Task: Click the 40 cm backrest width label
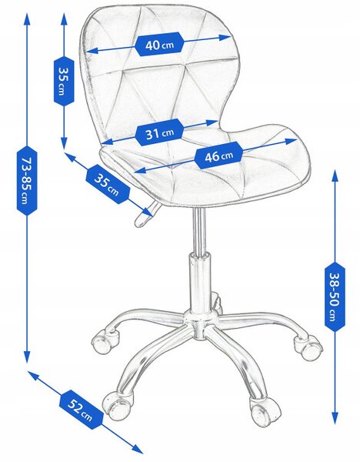pyautogui.click(x=159, y=45)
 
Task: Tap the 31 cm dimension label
pyautogui.click(x=159, y=133)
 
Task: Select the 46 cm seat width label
pyautogui.click(x=218, y=156)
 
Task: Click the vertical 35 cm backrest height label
pyautogui.click(x=64, y=81)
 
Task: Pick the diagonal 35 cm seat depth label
pyautogui.click(x=108, y=185)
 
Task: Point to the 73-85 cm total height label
pyautogui.click(x=27, y=180)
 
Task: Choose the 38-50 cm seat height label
pyautogui.click(x=335, y=296)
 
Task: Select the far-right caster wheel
pyautogui.click(x=308, y=347)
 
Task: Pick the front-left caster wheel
pyautogui.click(x=117, y=406)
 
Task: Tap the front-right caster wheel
pyautogui.click(x=265, y=411)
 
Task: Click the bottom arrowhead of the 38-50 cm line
pyautogui.click(x=335, y=417)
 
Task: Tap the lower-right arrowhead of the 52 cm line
pyautogui.click(x=137, y=449)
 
